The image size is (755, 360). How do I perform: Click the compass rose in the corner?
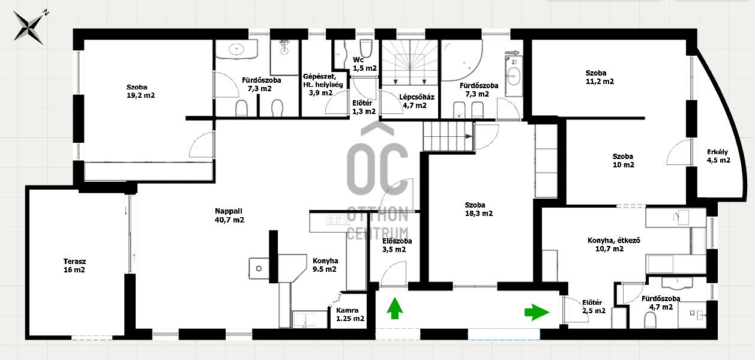coord(29,28)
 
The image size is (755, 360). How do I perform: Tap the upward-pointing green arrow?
coord(395,308)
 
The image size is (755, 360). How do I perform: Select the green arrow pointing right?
coord(537,312)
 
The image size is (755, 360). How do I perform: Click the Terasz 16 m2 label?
coord(74,266)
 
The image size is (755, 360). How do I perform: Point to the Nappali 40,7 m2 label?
coord(229,215)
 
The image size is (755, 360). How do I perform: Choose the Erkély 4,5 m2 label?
coord(718,156)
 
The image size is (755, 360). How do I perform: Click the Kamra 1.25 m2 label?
coord(350,314)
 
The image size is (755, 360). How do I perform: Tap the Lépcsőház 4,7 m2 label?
coord(417,101)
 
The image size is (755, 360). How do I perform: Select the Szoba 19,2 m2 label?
coord(140,91)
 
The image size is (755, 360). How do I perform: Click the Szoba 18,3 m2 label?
coord(478,209)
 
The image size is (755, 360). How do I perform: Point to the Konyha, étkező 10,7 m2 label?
coord(613,245)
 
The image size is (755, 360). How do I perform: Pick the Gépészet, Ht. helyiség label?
coord(322,80)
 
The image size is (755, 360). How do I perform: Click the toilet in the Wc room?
coord(365,48)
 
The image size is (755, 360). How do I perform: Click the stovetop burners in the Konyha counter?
coord(338,220)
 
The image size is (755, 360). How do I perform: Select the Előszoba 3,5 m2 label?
coord(397,245)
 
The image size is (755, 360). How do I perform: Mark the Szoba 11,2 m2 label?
coord(600,77)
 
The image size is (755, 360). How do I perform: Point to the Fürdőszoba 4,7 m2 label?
coord(661,302)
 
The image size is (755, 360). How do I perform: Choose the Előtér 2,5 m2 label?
coord(594,307)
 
